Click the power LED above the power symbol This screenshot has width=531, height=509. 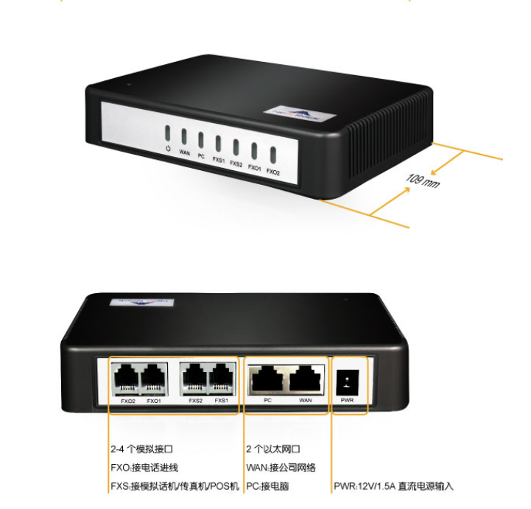(168, 133)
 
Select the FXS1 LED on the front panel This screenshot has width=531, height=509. (219, 142)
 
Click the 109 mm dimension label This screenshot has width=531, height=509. (422, 180)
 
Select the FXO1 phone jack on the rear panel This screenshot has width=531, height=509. (153, 380)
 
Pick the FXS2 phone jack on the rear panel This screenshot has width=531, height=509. (194, 380)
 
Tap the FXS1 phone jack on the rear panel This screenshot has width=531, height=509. (221, 380)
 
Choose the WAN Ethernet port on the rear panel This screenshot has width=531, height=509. (305, 380)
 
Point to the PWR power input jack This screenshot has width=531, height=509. (348, 382)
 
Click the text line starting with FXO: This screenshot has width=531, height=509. (144, 467)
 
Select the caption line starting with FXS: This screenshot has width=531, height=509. (175, 486)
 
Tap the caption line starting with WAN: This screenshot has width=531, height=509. (281, 467)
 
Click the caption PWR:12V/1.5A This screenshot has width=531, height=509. (393, 486)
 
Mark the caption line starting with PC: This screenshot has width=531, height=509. (267, 486)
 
